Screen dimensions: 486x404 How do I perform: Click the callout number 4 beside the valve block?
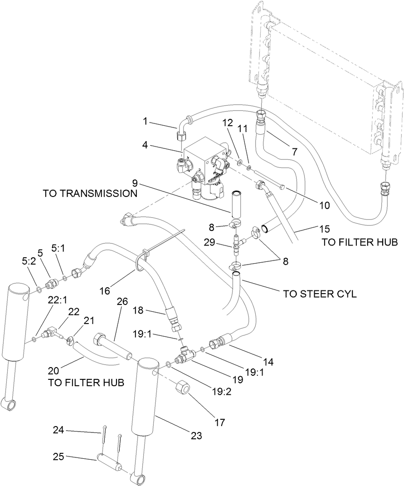tap(145, 146)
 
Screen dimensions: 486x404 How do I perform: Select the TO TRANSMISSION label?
tap(90, 193)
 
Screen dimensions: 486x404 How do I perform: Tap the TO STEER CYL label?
tap(320, 294)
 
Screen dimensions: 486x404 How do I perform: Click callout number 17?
tap(219, 422)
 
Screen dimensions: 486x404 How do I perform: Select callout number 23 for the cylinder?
tap(196, 436)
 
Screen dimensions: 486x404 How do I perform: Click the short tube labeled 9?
tap(237, 206)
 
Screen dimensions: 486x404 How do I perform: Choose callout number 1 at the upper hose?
tap(145, 122)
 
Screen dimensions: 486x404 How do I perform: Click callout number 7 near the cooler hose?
tap(295, 152)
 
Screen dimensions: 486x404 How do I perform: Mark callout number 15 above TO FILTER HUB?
tap(312, 229)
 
